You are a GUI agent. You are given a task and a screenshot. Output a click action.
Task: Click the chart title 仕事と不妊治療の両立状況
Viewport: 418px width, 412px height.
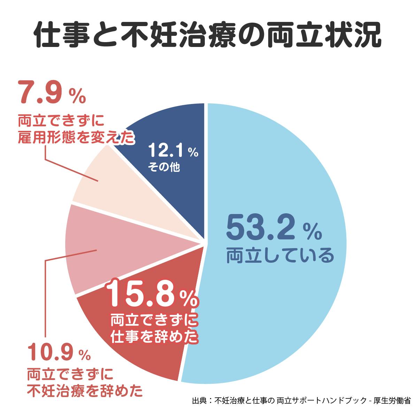coord(208,35)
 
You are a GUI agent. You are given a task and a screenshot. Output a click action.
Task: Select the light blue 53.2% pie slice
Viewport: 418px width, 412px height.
coord(279,174)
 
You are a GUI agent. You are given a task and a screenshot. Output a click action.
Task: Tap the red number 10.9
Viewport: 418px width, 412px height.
coord(51,354)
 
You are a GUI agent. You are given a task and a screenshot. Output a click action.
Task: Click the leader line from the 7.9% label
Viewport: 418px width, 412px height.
coord(70,171)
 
